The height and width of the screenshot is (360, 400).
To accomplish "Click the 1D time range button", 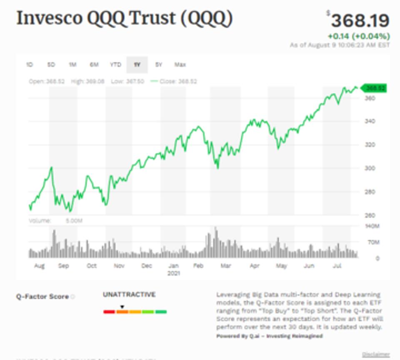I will click(x=30, y=65).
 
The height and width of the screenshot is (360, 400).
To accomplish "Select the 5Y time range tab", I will click(x=159, y=65).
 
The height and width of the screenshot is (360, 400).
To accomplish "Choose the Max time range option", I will click(x=180, y=65).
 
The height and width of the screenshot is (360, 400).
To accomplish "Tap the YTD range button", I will click(x=115, y=65).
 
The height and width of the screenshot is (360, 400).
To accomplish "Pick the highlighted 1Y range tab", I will click(x=137, y=65).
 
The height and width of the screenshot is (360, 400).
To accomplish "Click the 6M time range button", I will click(x=94, y=65).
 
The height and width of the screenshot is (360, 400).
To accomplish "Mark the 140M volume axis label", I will click(x=372, y=226).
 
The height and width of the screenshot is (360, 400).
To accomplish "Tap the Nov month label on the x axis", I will click(x=119, y=266).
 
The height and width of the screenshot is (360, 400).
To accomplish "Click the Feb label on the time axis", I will click(x=198, y=266).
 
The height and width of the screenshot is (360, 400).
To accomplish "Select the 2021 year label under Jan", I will click(x=173, y=273).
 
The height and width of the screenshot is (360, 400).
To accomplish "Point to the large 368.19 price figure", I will click(x=360, y=20).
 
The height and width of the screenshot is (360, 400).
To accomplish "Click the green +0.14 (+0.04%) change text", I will click(x=359, y=36).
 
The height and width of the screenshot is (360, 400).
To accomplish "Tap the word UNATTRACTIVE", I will click(x=129, y=295).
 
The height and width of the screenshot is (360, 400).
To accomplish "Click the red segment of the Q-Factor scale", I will click(x=109, y=312).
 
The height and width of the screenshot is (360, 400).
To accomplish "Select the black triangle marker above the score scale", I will click(x=122, y=307).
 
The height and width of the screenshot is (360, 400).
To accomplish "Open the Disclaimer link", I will click(x=376, y=355).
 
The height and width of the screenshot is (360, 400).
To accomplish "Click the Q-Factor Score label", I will click(x=42, y=297).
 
